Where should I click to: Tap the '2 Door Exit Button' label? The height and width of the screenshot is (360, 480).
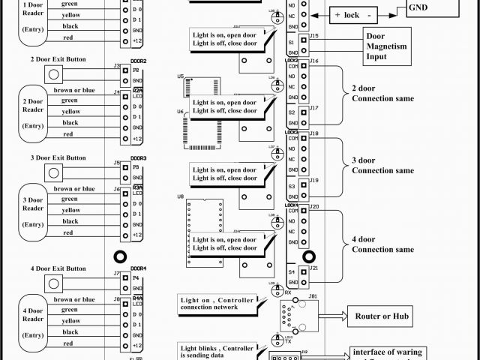pos(58,59)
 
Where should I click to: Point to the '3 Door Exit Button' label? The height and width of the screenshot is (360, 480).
pos(58,158)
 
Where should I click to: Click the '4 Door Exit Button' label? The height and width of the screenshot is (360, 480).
pos(58,268)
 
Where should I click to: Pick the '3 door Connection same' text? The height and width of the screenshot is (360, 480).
pos(382,166)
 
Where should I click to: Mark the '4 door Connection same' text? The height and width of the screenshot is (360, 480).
pos(382,244)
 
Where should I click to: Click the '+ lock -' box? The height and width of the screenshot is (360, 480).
pos(357,15)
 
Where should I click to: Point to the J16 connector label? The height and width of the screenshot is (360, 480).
pos(313,60)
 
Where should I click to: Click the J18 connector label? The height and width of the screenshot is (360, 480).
pos(313,133)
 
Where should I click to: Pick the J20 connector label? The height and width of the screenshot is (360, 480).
pos(313,205)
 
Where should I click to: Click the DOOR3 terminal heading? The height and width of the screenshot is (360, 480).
pos(138,158)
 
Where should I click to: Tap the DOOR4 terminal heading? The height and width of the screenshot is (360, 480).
pos(138,268)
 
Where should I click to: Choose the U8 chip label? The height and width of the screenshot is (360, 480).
pos(181,196)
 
